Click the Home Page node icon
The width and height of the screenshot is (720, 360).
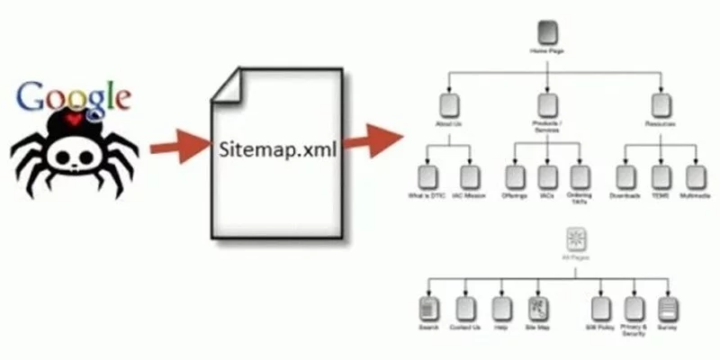click(545, 35)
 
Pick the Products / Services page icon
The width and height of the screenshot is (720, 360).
click(545, 105)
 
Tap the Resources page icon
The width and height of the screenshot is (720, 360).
click(661, 105)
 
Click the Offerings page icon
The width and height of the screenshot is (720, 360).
click(514, 176)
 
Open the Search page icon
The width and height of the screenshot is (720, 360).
click(427, 309)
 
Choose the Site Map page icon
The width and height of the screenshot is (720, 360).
click(536, 309)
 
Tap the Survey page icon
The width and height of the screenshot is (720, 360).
click(667, 309)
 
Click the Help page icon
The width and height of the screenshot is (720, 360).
click(502, 309)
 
